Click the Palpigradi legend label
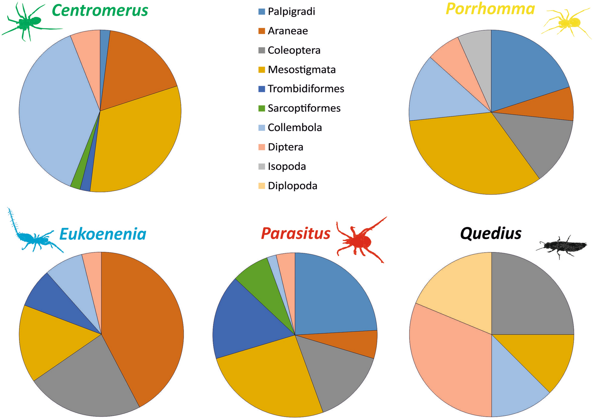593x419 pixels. click(x=291, y=12)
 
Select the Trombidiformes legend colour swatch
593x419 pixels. click(x=262, y=89)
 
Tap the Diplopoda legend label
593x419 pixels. click(x=292, y=186)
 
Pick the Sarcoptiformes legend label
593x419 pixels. click(x=304, y=108)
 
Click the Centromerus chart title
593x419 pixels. click(x=100, y=10)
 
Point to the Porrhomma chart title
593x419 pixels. click(x=490, y=9)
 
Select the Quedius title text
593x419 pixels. click(x=490, y=233)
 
